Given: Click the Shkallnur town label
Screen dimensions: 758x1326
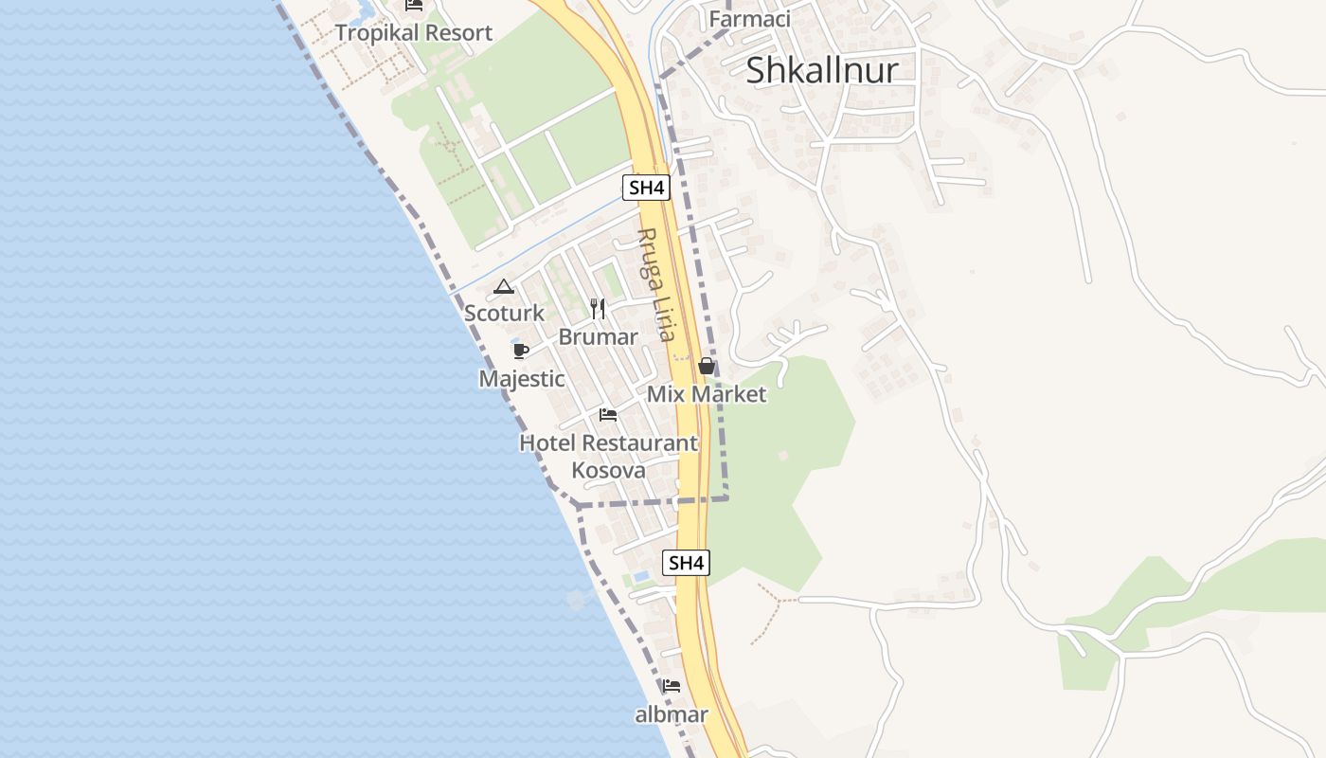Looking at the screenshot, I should (x=821, y=70).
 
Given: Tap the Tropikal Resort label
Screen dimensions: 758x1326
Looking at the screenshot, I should (x=414, y=33).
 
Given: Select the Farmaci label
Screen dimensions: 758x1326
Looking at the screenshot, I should (x=749, y=19).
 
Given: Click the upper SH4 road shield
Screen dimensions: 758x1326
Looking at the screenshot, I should (x=646, y=188).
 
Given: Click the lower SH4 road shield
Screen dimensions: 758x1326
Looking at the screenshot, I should (x=686, y=563).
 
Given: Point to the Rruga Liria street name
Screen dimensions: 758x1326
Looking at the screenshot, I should (x=656, y=284).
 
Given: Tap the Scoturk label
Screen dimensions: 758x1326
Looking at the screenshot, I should (x=504, y=313).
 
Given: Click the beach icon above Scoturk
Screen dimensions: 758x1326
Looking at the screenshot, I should (x=504, y=286).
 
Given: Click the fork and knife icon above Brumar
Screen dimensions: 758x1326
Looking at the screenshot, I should (x=598, y=308).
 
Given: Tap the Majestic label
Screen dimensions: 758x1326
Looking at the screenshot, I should (x=522, y=379).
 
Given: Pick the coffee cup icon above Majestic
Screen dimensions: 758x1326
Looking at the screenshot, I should (x=520, y=351).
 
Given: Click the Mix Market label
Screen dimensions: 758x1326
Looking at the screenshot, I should (x=706, y=394).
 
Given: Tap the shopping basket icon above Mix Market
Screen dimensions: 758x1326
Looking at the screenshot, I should (x=707, y=366).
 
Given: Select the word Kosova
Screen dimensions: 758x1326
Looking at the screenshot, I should (x=608, y=470).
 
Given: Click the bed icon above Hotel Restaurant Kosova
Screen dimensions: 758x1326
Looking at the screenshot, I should (x=608, y=415).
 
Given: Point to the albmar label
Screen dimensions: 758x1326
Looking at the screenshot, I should (x=672, y=714).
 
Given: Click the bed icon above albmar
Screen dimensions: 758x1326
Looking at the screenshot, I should (x=672, y=686).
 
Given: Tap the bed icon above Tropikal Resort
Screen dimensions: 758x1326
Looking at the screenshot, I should (x=414, y=5).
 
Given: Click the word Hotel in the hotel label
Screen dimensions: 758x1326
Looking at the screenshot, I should (x=547, y=442).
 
